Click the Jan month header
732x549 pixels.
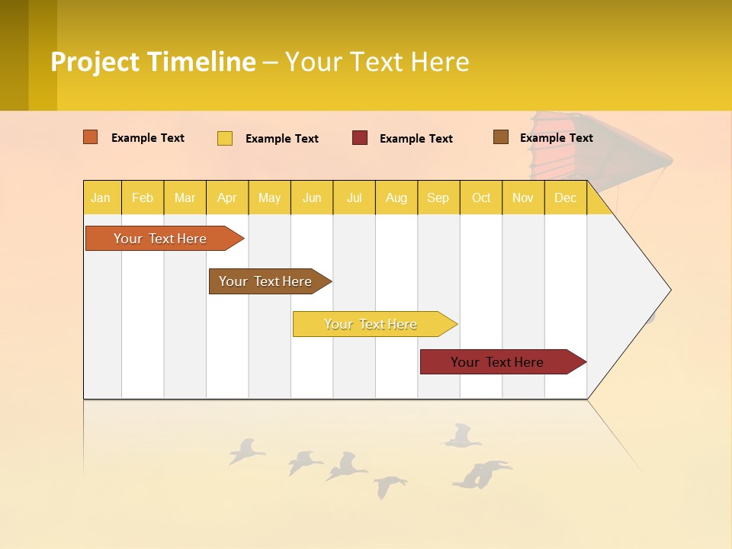(101, 197)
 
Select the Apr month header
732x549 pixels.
(226, 197)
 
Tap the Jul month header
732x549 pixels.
(354, 197)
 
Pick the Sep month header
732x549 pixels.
(438, 197)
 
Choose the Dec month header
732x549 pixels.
(565, 197)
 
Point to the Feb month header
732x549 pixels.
(143, 197)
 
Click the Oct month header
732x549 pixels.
(480, 197)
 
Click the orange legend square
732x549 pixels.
(90, 137)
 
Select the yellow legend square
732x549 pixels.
(225, 138)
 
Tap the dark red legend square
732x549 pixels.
(360, 137)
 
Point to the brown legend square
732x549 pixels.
(501, 137)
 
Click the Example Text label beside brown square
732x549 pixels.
(556, 138)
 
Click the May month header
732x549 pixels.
(269, 197)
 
